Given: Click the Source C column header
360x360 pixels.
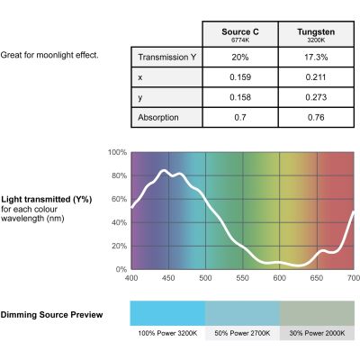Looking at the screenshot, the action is click(240, 34).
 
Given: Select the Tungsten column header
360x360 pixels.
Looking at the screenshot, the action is click(316, 34).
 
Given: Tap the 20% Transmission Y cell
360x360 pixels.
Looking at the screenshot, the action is click(240, 57).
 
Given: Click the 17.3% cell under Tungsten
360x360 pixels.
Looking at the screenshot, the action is click(316, 57).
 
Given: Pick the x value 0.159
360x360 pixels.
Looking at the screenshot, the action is click(240, 77).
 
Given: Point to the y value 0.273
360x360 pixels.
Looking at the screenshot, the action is click(316, 97).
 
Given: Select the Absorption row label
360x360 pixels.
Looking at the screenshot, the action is click(158, 117).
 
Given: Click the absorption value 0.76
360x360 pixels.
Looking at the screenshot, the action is click(316, 117).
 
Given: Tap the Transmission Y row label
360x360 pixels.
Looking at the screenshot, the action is click(167, 57).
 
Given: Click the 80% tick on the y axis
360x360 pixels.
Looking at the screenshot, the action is click(119, 175).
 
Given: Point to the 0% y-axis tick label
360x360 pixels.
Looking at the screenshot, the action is click(121, 269).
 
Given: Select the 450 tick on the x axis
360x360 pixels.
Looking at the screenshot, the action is click(168, 278).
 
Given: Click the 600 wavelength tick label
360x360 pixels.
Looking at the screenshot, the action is click(280, 278).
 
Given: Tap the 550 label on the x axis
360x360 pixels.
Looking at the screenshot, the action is click(242, 278).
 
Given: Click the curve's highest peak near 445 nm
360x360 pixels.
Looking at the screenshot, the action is click(164, 171).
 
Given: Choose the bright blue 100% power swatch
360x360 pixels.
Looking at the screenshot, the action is click(167, 313).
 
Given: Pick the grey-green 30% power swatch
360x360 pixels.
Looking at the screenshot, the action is click(317, 313).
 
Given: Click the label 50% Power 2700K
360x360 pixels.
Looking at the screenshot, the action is click(242, 333).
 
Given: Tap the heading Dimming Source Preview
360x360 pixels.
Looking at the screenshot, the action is click(51, 315).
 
